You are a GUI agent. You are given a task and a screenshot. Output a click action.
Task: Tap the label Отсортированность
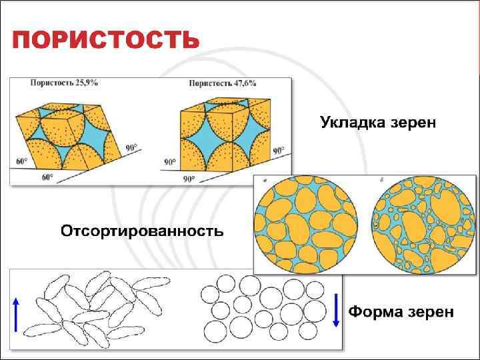tap(142, 231)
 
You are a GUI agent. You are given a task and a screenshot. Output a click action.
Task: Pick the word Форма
tap(375, 312)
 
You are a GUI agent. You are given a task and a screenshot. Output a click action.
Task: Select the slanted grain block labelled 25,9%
tap(73, 133)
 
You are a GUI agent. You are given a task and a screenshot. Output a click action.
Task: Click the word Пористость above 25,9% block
tap(50, 83)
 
